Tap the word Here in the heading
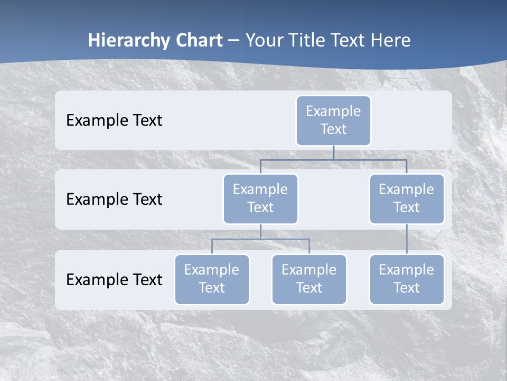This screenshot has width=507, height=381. (391, 40)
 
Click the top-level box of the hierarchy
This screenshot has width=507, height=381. (333, 120)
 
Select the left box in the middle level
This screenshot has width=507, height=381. (260, 198)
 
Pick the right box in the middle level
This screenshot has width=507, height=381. (407, 198)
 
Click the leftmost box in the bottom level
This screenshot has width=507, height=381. (212, 279)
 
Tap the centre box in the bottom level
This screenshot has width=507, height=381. (309, 279)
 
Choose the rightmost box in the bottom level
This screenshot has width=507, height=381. (407, 279)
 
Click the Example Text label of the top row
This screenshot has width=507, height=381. (114, 121)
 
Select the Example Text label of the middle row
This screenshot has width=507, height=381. (114, 199)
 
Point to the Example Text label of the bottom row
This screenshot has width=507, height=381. (114, 280)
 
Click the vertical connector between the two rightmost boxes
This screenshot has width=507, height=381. (407, 239)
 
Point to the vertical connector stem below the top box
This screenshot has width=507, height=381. (333, 152)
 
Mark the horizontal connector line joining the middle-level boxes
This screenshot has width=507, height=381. (333, 160)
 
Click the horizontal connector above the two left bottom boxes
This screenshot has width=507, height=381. (260, 239)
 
